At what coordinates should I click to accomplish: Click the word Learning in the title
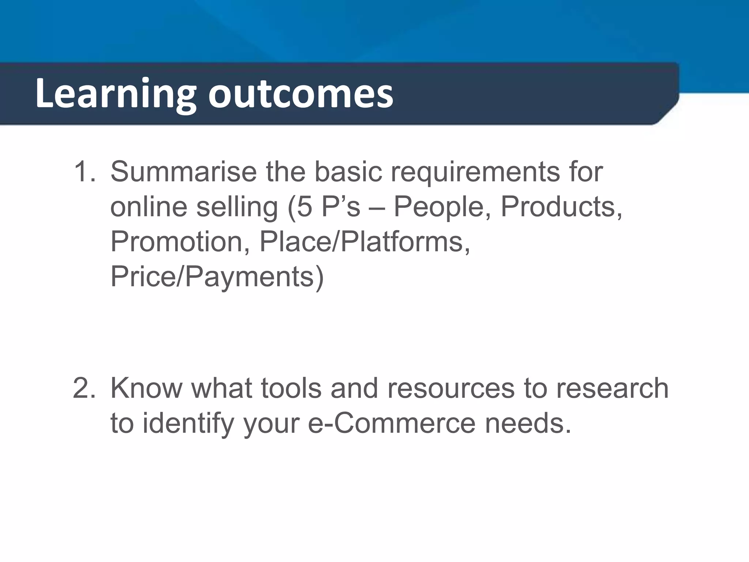pyautogui.click(x=116, y=94)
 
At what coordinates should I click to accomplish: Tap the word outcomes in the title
pyautogui.click(x=301, y=94)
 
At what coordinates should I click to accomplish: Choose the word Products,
pyautogui.click(x=561, y=207)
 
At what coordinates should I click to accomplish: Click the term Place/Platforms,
pyautogui.click(x=365, y=242)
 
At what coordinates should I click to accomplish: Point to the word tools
pyautogui.click(x=291, y=388)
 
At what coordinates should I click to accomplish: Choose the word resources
pyautogui.click(x=451, y=389)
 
